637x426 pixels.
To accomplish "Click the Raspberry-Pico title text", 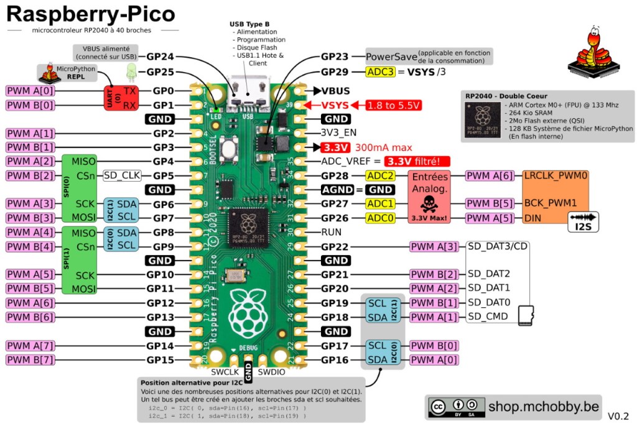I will pyautogui.click(x=91, y=15).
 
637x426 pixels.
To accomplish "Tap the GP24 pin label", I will pyautogui.click(x=160, y=56).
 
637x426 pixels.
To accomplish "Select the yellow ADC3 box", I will pyautogui.click(x=380, y=72).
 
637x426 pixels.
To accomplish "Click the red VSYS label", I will pyautogui.click(x=335, y=105).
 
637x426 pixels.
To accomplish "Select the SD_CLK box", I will pyautogui.click(x=123, y=175).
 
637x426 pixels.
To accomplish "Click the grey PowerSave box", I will pyautogui.click(x=391, y=57).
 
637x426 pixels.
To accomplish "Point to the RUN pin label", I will pyautogui.click(x=331, y=231).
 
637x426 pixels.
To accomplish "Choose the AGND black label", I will pyautogui.click(x=338, y=190).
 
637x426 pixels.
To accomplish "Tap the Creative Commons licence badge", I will pyautogui.click(x=455, y=407).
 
